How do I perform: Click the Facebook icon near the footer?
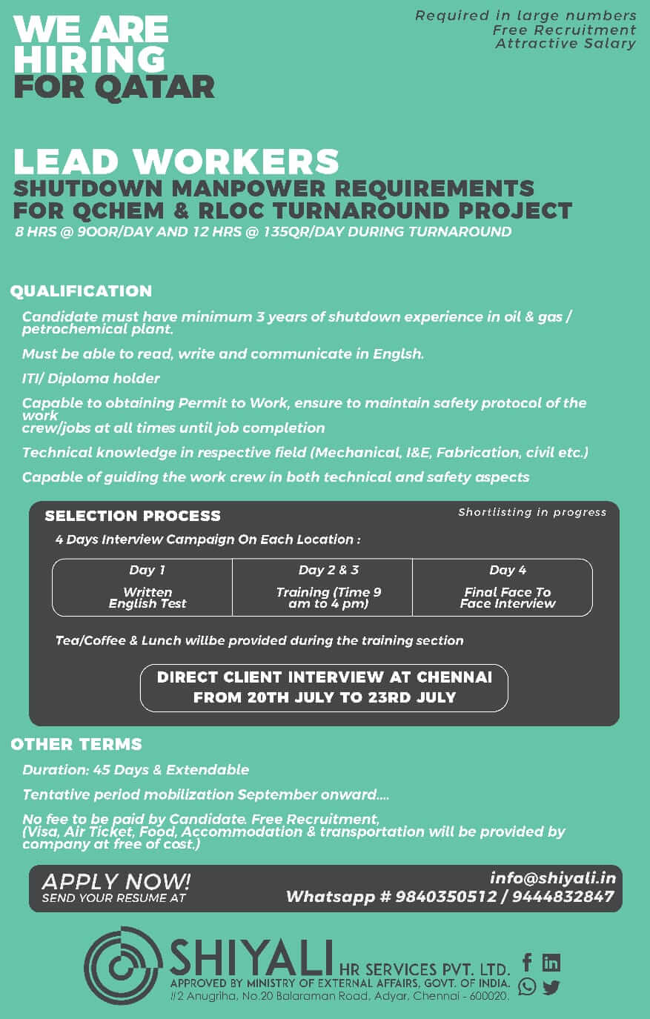pyautogui.click(x=527, y=962)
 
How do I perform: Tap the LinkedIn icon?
pyautogui.click(x=551, y=962)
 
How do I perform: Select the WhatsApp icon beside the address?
pyautogui.click(x=527, y=986)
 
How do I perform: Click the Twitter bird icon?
pyautogui.click(x=551, y=987)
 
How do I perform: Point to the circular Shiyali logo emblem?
pyautogui.click(x=123, y=965)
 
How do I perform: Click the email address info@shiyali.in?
pyautogui.click(x=552, y=878)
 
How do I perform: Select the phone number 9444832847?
pyautogui.click(x=563, y=897)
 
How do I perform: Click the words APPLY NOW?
pyautogui.click(x=116, y=881)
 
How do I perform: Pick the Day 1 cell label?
pyautogui.click(x=147, y=570)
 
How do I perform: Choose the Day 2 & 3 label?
pyautogui.click(x=328, y=570)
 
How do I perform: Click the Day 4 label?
pyautogui.click(x=508, y=570)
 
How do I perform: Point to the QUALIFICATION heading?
pyautogui.click(x=82, y=291)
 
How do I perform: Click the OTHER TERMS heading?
pyautogui.click(x=76, y=744)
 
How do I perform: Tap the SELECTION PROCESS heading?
pyautogui.click(x=133, y=516)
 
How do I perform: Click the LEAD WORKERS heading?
pyautogui.click(x=176, y=162)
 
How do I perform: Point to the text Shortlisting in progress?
pyautogui.click(x=532, y=512)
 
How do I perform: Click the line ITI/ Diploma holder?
pyautogui.click(x=91, y=379)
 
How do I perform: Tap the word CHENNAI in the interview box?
pyautogui.click(x=454, y=677)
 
